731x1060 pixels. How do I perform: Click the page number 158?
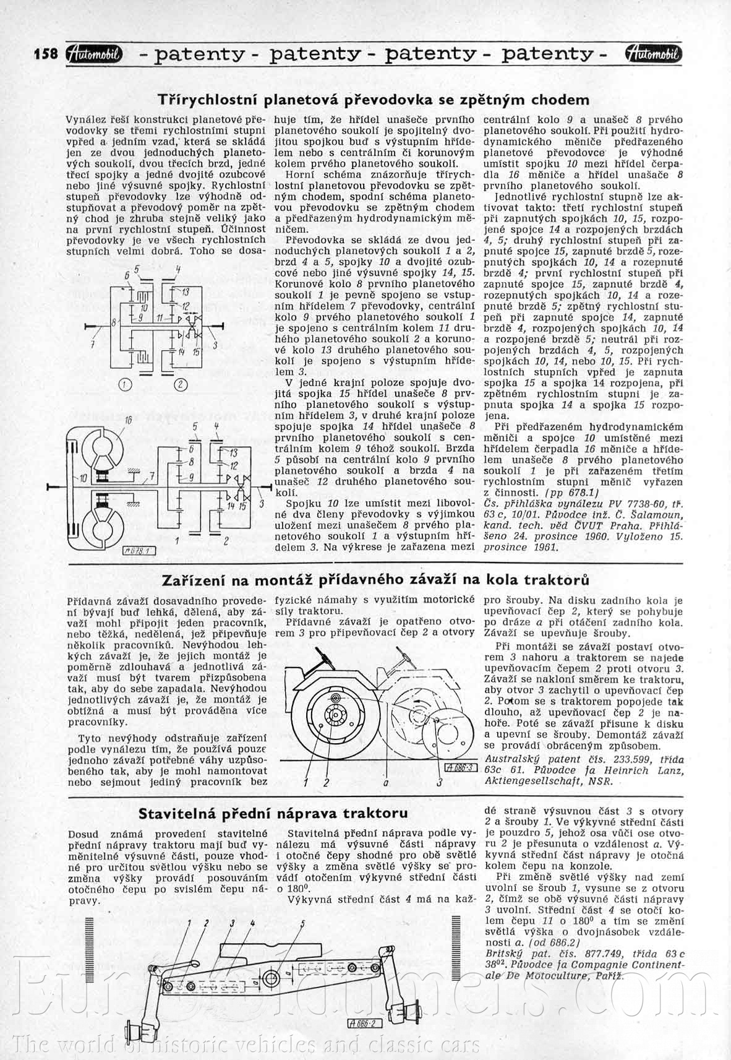coord(46,54)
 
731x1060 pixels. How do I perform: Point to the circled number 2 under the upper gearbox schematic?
coord(180,385)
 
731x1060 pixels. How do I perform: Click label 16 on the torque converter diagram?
coord(129,421)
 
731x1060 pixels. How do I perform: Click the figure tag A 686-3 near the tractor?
coord(458,768)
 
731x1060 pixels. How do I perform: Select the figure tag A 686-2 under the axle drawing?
coord(365,1023)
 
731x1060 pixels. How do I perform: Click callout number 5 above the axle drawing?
coord(302,924)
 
